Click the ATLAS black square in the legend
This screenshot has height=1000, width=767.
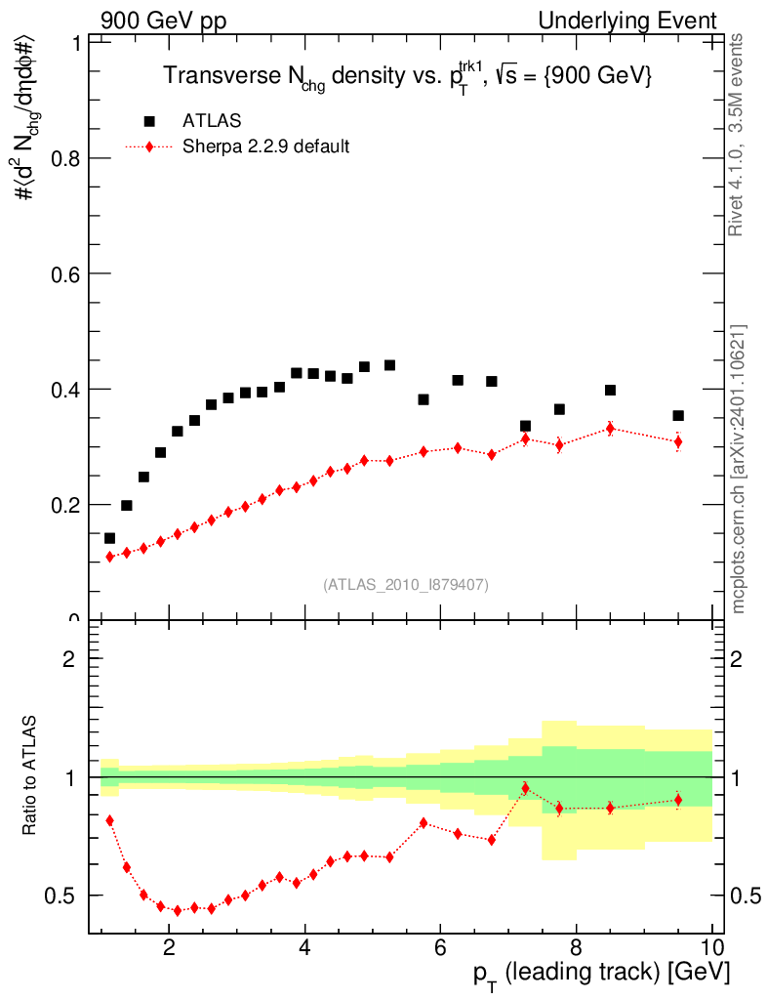coord(149,121)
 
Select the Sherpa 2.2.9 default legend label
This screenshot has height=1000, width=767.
coord(265,147)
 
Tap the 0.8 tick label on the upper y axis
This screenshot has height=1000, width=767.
coord(63,158)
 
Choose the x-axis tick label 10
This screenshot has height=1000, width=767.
coord(711,945)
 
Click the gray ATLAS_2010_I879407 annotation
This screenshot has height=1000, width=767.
coord(406,584)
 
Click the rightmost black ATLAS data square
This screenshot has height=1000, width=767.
coord(678,416)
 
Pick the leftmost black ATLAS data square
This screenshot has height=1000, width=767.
coord(109,538)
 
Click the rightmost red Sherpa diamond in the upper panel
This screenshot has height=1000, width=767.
coord(678,441)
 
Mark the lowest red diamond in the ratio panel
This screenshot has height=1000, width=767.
coord(178,910)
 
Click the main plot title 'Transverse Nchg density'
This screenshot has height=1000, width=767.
coord(407,77)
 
